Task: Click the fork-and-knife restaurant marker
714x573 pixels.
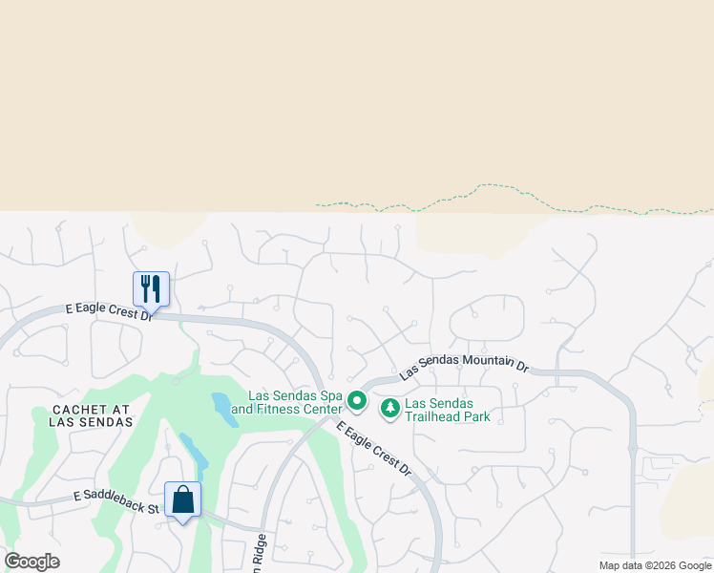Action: coord(151,288)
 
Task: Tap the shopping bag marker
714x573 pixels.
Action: coord(182,499)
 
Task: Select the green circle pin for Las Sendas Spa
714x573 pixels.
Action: coord(357,401)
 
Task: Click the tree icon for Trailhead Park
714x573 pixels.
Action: coord(389,409)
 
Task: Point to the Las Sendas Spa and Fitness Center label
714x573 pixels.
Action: coord(294,402)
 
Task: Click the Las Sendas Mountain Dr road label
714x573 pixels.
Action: coord(464,364)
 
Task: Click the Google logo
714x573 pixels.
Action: coord(31,562)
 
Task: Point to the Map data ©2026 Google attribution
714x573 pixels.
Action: coord(655,564)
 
